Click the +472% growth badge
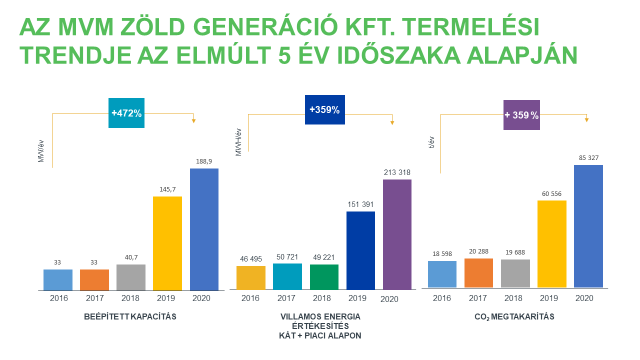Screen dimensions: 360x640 pos(127,114)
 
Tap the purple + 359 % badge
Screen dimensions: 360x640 pos(521,115)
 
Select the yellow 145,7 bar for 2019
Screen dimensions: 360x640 pos(167,243)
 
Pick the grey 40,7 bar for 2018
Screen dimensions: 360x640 pos(131,277)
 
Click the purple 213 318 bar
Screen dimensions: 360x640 pos(397,235)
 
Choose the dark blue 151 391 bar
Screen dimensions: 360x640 pos(360,251)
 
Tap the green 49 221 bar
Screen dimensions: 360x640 pos(324,277)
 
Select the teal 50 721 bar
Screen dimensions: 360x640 pos(287,277)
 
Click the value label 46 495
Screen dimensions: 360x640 pos(251,258)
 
